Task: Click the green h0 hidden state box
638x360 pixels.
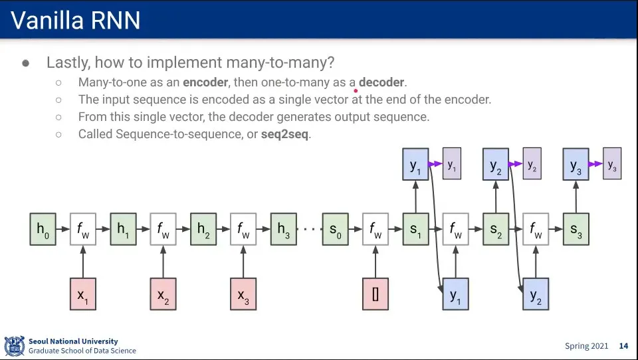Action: click(43, 229)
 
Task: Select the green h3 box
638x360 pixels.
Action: click(283, 229)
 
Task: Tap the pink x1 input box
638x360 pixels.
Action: click(83, 294)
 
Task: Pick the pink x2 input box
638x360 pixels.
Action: click(163, 294)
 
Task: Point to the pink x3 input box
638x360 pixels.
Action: click(243, 294)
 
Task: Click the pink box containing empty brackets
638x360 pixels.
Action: click(375, 294)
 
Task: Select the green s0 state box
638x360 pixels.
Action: click(335, 229)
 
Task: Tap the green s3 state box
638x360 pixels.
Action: click(576, 229)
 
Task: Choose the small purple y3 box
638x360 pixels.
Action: click(612, 164)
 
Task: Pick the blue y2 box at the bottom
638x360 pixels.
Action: click(535, 294)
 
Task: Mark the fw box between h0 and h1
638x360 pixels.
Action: click(83, 229)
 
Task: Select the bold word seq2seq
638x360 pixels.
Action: click(285, 134)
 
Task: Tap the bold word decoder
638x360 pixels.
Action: click(381, 82)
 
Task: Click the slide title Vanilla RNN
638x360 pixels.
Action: click(76, 21)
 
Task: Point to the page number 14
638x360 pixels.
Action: click(623, 346)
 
